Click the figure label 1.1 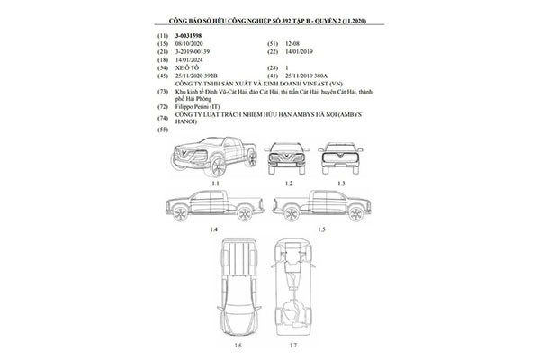[216, 183]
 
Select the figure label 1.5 [321, 231]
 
